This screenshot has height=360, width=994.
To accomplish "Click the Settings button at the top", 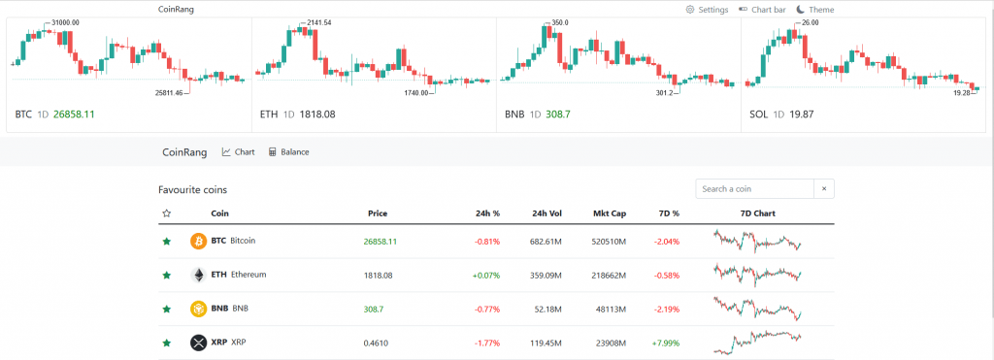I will point(707,10).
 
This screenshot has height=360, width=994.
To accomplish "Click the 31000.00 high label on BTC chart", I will point(65,21).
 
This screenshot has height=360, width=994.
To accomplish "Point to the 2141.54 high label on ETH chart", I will point(317,22).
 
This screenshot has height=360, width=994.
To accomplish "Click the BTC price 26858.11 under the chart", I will point(74,115).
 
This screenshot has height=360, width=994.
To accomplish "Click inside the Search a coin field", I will point(754,189).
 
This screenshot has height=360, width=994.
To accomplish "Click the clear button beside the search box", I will point(824,189).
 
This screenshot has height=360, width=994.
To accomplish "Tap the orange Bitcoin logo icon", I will point(198,241).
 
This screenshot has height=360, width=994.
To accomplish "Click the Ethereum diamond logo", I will point(198,275).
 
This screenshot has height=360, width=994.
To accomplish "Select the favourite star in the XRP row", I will point(167,343).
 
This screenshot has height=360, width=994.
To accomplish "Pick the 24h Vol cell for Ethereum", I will point(547,275).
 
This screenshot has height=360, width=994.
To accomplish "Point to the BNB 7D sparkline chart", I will point(757,309).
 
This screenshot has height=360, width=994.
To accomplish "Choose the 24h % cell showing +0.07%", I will point(485,275).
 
